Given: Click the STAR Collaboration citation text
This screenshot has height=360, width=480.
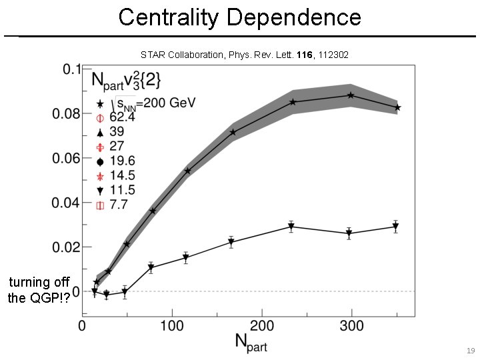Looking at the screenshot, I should [x=244, y=54].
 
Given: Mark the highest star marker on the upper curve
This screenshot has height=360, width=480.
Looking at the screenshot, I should [x=351, y=95].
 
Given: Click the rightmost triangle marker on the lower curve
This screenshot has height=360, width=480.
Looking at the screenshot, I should [x=395, y=227].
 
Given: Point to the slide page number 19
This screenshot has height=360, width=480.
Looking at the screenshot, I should [x=471, y=350].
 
